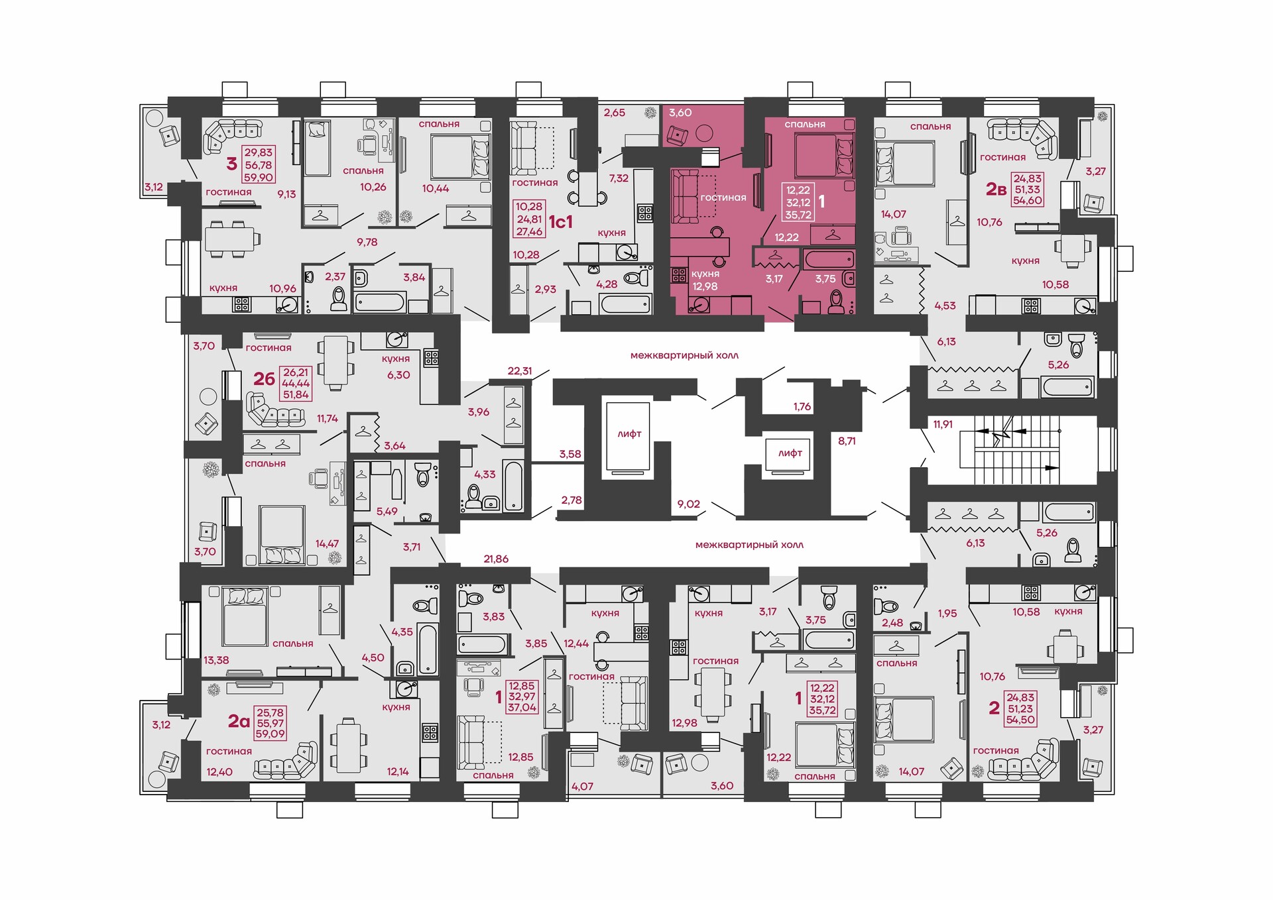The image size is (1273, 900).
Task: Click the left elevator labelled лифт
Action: (626, 440)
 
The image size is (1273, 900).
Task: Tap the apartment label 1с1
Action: (560, 222)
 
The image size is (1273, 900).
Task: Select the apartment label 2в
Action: (996, 190)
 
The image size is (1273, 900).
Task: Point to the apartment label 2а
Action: (239, 721)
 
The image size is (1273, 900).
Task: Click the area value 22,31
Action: (520, 371)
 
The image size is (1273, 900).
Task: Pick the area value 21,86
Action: (496, 559)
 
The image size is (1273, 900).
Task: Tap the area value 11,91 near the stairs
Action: (943, 424)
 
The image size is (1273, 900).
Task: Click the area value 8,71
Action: (847, 441)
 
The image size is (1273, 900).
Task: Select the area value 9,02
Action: (688, 504)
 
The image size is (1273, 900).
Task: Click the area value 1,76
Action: (802, 407)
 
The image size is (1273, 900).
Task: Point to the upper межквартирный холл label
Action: (684, 355)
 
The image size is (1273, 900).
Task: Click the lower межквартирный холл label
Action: (749, 545)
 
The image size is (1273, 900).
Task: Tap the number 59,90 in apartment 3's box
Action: (259, 178)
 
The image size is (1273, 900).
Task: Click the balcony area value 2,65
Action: (615, 113)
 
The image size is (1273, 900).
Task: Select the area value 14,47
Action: (327, 543)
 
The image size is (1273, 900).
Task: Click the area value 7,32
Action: (619, 178)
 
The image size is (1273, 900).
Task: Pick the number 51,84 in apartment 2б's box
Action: (296, 394)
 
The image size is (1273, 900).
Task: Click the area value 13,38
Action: (216, 660)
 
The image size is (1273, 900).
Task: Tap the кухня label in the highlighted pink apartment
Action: (705, 274)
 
